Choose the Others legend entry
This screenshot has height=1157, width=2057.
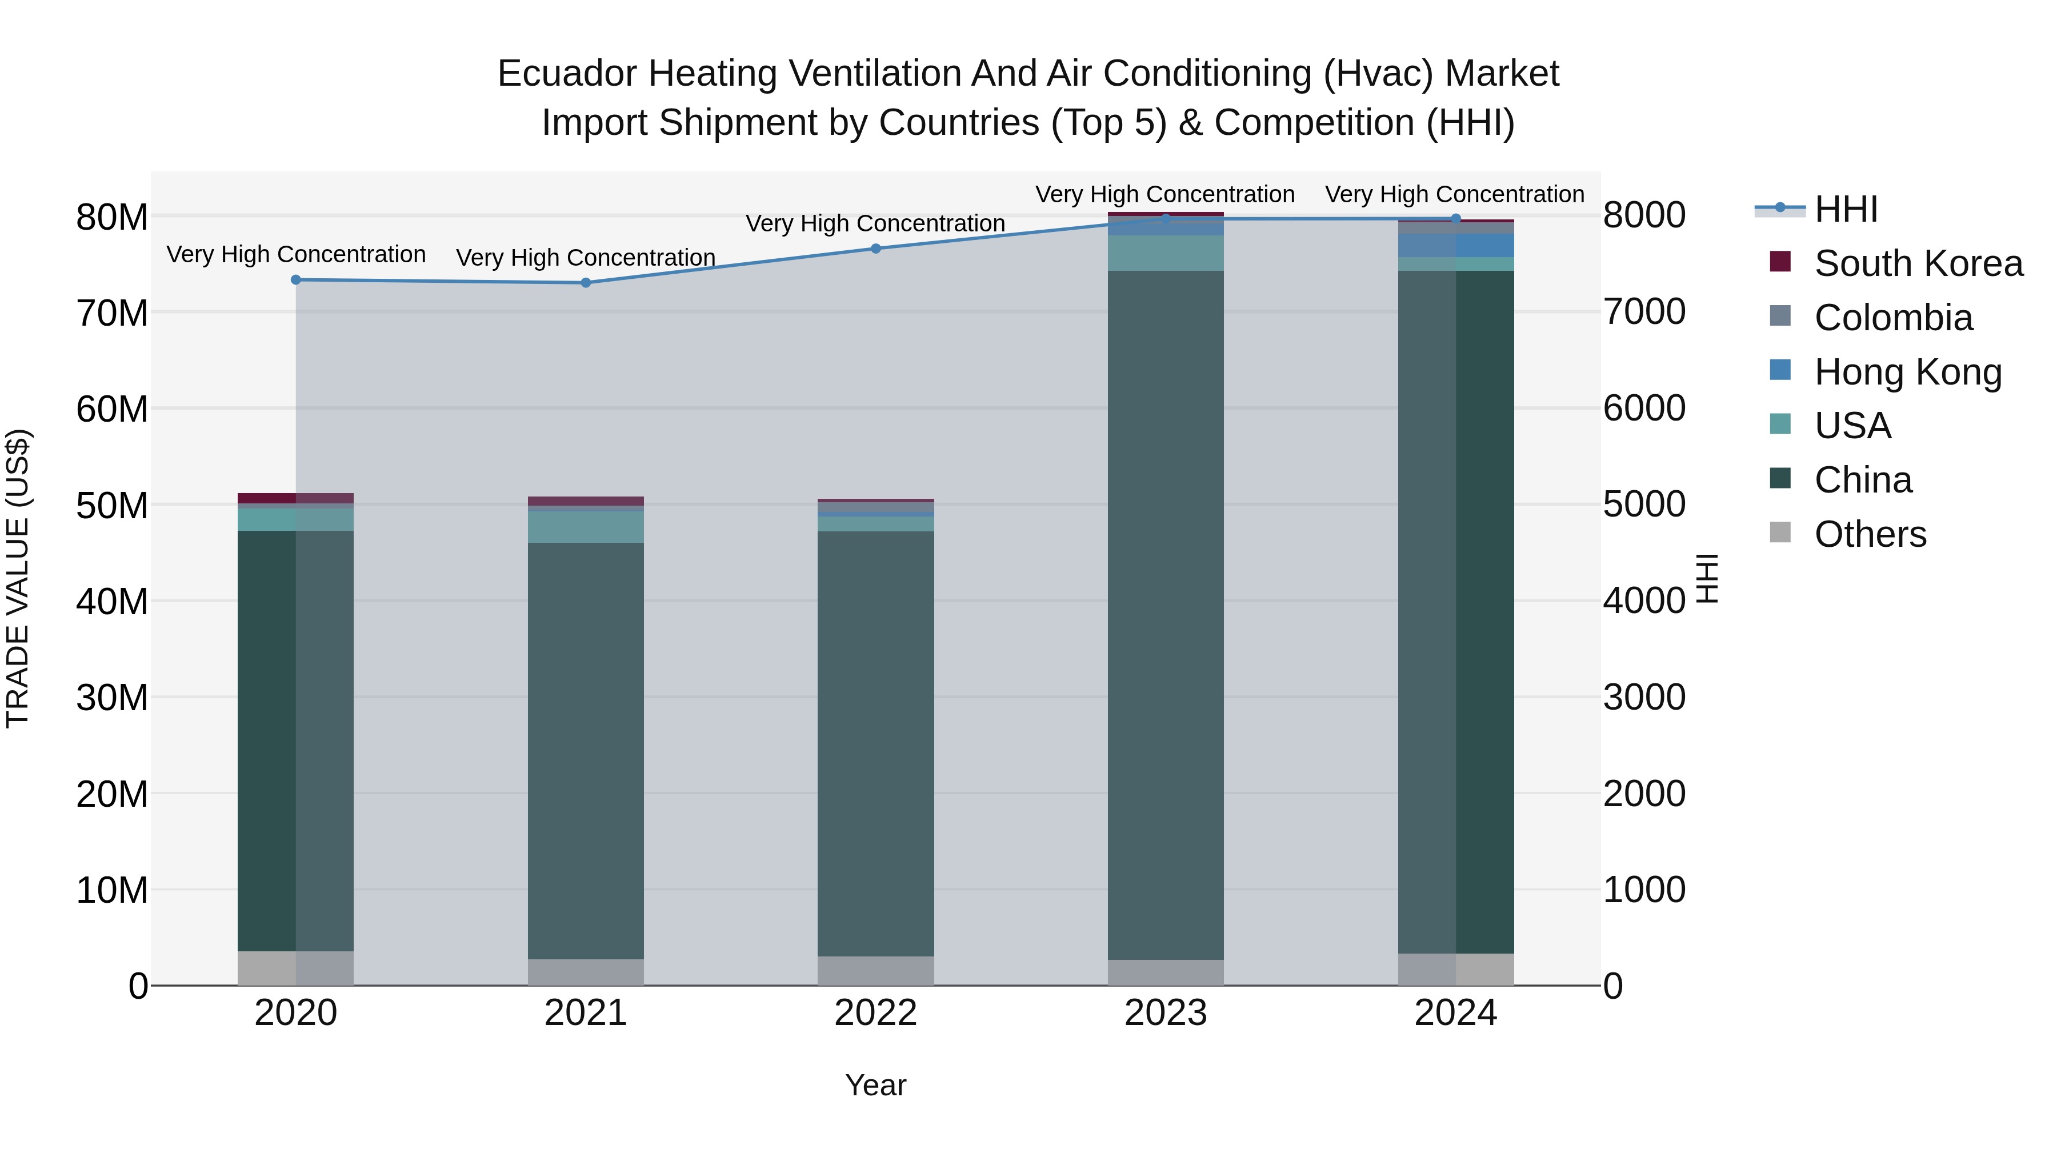[x=1870, y=534]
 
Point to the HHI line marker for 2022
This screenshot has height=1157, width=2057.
[x=875, y=249]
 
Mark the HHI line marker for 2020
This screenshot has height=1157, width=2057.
[x=295, y=279]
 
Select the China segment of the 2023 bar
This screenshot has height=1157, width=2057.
[x=1165, y=615]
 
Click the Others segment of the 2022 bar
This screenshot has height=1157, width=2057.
[x=875, y=970]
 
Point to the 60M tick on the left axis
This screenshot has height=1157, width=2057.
[x=112, y=409]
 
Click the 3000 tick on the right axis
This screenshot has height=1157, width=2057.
[x=1644, y=697]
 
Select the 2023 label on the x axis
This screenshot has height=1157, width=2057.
[x=1165, y=1013]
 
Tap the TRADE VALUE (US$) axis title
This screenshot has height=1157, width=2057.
[x=18, y=578]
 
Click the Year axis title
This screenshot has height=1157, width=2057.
[x=875, y=1085]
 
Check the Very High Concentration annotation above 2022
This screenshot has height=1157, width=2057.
[x=875, y=223]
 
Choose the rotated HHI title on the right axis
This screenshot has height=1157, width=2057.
[x=1706, y=578]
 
